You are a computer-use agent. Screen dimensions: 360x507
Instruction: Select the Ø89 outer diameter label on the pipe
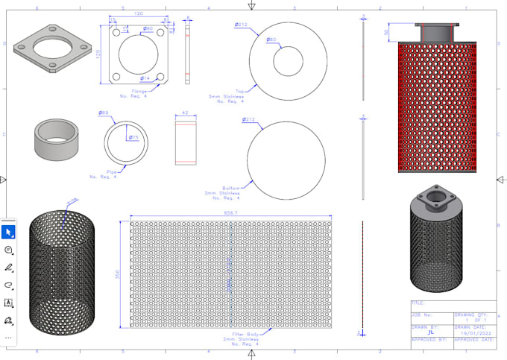click(x=103, y=113)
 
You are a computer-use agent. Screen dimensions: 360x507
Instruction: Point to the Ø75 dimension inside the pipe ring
click(x=133, y=137)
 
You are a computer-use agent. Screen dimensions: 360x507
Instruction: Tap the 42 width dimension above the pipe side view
click(x=186, y=114)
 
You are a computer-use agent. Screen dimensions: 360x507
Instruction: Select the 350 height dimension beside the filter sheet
click(x=116, y=274)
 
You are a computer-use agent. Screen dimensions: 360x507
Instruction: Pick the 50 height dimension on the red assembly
click(x=386, y=32)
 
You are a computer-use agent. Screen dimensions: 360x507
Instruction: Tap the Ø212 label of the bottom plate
click(x=248, y=119)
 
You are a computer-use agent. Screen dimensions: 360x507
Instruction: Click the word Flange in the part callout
click(x=129, y=92)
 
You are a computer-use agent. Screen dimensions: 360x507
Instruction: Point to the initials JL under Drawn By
click(x=432, y=332)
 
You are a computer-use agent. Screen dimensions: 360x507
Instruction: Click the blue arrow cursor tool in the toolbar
click(x=9, y=232)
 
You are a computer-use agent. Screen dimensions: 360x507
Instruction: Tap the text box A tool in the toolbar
click(x=9, y=303)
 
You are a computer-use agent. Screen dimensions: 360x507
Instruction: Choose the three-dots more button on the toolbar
click(x=9, y=337)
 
